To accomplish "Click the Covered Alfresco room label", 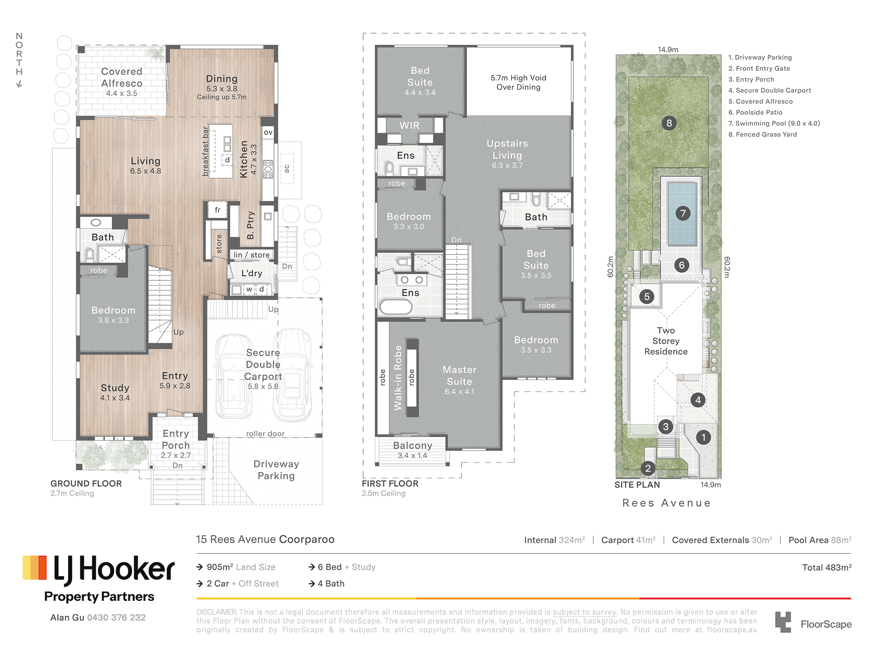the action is click(x=121, y=77).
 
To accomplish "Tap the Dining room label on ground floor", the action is click(x=222, y=79).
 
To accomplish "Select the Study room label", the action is click(x=115, y=388).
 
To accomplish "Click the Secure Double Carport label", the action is click(x=263, y=364).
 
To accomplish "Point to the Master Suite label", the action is click(x=459, y=376).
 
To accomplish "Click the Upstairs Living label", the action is click(x=507, y=149).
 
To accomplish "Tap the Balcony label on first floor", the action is click(x=413, y=445).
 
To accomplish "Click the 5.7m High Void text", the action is click(x=518, y=78).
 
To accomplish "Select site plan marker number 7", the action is click(x=683, y=213).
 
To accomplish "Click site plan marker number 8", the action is click(x=669, y=123).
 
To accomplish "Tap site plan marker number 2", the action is click(x=648, y=469).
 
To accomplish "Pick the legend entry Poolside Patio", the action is click(x=755, y=112).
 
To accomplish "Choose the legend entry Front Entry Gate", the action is click(x=759, y=68).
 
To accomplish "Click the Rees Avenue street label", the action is click(x=666, y=503).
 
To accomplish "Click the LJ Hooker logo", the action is click(x=99, y=569).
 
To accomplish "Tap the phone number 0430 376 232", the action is click(x=116, y=617).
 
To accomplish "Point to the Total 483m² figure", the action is click(x=827, y=567).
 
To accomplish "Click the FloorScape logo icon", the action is click(x=783, y=622).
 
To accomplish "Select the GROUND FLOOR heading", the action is click(x=86, y=483).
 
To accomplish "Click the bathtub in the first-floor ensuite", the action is click(x=395, y=307).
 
